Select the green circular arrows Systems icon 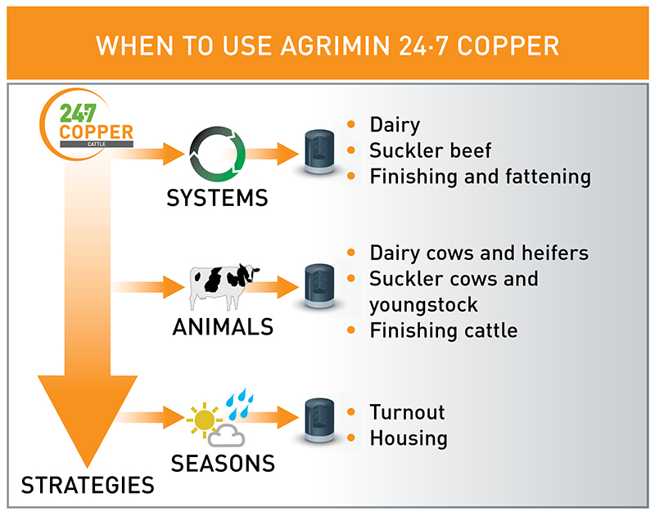(x=217, y=152)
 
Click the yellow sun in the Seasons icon (x=203, y=420)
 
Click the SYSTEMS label (x=217, y=199)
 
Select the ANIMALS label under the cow (x=223, y=328)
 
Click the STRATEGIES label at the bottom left (x=88, y=485)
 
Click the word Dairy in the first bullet (x=395, y=125)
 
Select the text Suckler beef (x=430, y=150)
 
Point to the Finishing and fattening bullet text (x=480, y=176)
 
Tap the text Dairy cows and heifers (x=479, y=253)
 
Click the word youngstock (x=423, y=304)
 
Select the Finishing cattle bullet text (x=444, y=330)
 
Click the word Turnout (x=407, y=411)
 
